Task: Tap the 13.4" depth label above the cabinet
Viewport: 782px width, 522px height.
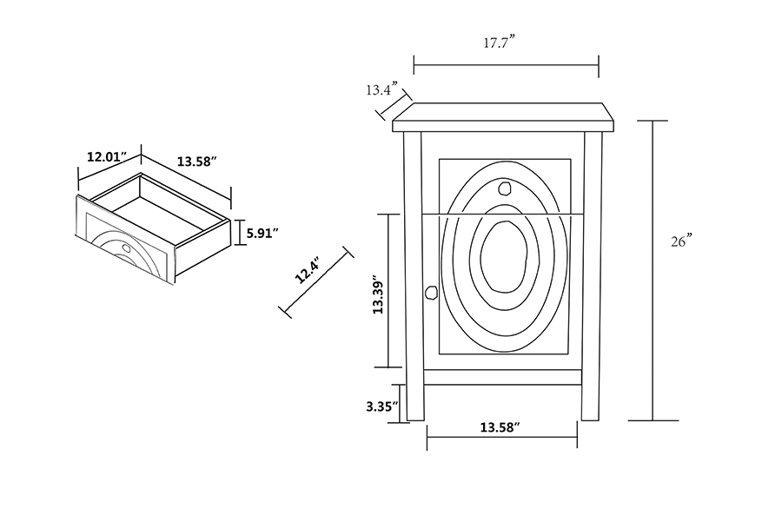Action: (381, 89)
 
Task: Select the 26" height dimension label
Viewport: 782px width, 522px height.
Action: (680, 241)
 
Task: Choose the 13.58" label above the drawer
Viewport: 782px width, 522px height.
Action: (196, 162)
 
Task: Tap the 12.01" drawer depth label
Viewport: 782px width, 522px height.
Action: (107, 157)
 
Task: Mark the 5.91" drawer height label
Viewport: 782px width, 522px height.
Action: (261, 233)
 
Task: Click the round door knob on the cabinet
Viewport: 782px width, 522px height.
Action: (429, 293)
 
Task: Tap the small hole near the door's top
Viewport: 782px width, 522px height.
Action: (506, 187)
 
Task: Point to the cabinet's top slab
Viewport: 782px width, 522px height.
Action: (505, 117)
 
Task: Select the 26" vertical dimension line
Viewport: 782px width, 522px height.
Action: (653, 269)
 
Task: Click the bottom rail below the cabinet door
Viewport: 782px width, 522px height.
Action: (503, 377)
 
